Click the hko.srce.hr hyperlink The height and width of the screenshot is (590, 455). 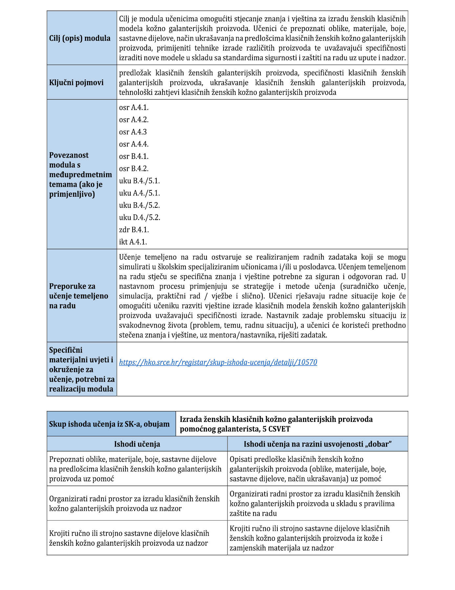click(218, 362)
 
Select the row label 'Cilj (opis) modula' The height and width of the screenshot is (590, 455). click(80, 38)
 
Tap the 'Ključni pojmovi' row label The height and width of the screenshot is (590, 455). click(76, 82)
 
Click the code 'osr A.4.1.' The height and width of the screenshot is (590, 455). click(134, 107)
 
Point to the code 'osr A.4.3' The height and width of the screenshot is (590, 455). click(133, 132)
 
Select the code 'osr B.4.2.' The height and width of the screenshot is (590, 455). click(134, 168)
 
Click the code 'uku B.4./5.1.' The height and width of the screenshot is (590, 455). click(139, 181)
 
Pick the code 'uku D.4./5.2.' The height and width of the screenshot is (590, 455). click(140, 217)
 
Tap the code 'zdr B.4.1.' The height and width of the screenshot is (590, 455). click(134, 229)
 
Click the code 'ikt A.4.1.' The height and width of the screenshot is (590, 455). click(133, 242)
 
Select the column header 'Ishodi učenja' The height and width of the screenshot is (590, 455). click(137, 444)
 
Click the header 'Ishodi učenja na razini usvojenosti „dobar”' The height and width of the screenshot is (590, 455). click(317, 444)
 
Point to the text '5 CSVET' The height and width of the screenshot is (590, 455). click(276, 429)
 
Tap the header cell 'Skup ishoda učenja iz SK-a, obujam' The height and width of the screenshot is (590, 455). click(109, 424)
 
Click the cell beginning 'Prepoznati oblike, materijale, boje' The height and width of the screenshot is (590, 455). click(135, 469)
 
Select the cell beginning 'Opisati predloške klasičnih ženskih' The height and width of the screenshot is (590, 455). click(308, 469)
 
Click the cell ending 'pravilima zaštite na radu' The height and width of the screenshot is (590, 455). click(315, 504)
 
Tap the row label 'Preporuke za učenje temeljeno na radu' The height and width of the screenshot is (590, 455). click(78, 296)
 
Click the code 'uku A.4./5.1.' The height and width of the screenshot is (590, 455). click(140, 193)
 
